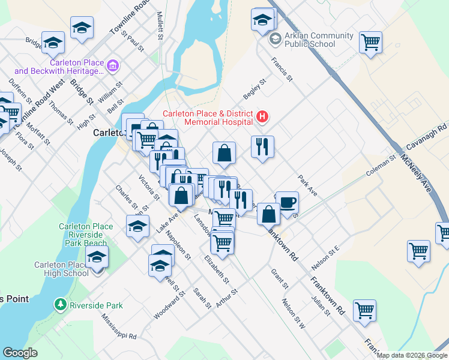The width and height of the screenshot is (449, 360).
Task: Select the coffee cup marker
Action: pyautogui.click(x=286, y=202)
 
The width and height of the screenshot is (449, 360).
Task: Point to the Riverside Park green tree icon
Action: pyautogui.click(x=60, y=305)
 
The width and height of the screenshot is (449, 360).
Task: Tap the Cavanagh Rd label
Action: pyautogui.click(x=427, y=137)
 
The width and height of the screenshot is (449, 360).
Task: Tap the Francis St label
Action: pyautogui.click(x=281, y=70)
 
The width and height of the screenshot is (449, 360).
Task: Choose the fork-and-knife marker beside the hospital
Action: pyautogui.click(x=262, y=146)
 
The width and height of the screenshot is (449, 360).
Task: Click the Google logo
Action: pyautogui.click(x=20, y=353)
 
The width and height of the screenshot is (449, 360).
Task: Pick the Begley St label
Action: pyautogui.click(x=254, y=89)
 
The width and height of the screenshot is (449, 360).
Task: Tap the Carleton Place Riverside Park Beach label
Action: pyautogui.click(x=86, y=235)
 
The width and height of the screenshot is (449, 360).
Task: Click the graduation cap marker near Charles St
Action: pyautogui.click(x=137, y=226)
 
